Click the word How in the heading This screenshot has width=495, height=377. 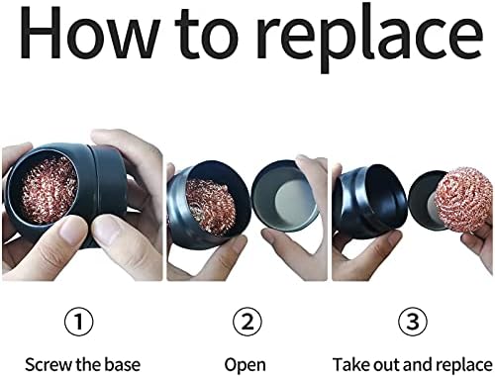(x=90, y=33)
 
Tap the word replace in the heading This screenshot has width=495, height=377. (x=369, y=39)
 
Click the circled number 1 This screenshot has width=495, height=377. (x=78, y=322)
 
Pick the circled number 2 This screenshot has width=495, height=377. (x=247, y=322)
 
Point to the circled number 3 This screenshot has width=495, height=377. (x=413, y=322)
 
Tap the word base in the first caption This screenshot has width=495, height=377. (x=123, y=365)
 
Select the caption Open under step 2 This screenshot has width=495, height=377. (x=245, y=365)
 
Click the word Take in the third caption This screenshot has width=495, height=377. (x=349, y=365)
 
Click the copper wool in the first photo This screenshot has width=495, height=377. (x=48, y=190)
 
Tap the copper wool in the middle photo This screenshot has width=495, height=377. (x=211, y=206)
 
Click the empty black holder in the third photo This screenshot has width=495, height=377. (x=368, y=201)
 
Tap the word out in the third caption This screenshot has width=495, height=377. (x=384, y=365)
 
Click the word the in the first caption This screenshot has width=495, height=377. (x=89, y=365)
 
